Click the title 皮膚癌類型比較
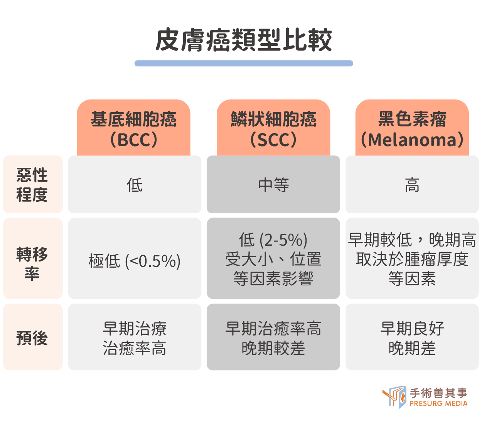coord(244,40)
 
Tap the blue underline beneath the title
coord(244,63)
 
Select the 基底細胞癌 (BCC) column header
coord(133,128)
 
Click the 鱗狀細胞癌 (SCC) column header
coord(273,128)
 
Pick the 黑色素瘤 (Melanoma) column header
coord(412,128)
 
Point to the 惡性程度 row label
coord(33,184)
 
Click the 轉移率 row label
coord(33,258)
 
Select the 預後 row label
coord(33,337)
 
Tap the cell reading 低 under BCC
coord(135,184)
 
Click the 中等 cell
coord(273,184)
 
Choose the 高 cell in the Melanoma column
coord(412,184)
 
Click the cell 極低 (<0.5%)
coord(135,258)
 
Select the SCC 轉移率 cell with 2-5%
coord(273,258)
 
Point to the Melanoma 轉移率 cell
coord(412,258)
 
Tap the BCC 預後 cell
coord(135,337)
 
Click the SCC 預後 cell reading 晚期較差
coord(273,337)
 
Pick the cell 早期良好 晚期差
coord(412,337)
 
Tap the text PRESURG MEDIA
coord(438,403)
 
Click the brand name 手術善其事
coord(438,393)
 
